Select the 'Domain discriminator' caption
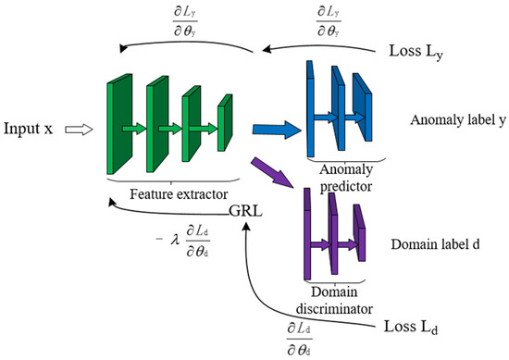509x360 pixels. tap(331, 301)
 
